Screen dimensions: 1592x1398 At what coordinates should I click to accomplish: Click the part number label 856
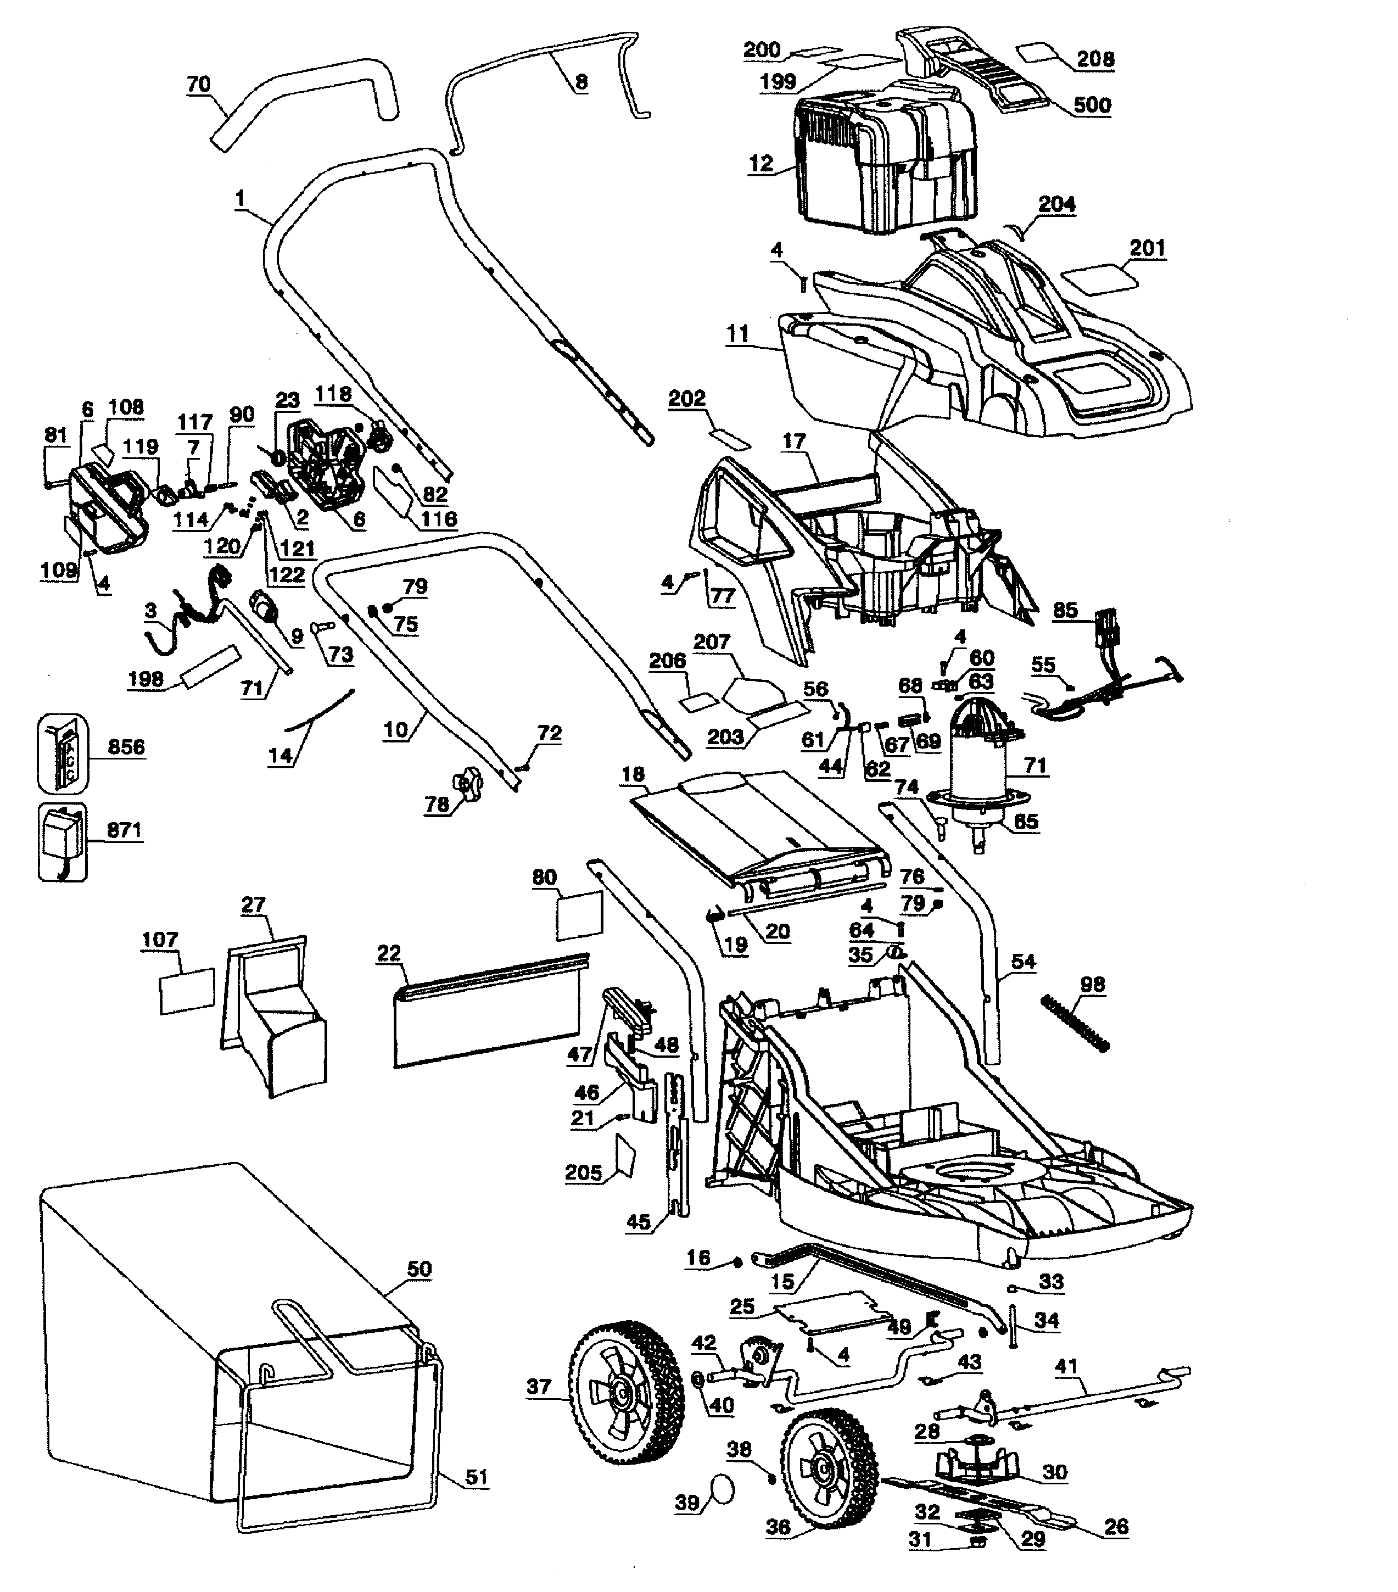[125, 747]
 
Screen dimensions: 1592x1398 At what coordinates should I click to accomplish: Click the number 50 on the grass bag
[419, 1269]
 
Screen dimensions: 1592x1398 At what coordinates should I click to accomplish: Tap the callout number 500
[1092, 105]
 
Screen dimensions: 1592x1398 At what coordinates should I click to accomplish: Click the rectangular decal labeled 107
[187, 991]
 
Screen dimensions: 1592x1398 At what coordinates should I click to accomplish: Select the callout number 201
[1147, 248]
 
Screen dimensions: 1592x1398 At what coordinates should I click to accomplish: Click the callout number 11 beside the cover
[737, 333]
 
